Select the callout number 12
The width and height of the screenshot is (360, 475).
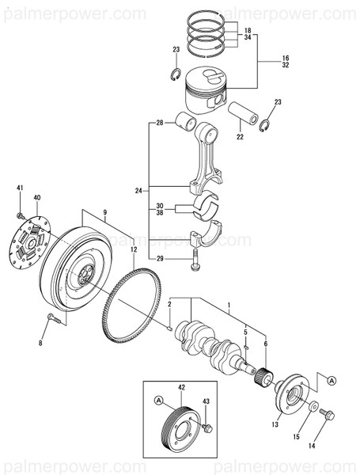pyautogui.click(x=134, y=250)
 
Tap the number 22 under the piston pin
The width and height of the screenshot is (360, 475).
pyautogui.click(x=240, y=137)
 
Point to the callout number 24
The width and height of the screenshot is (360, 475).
pyautogui.click(x=138, y=191)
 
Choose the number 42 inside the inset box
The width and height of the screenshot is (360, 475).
pyautogui.click(x=181, y=387)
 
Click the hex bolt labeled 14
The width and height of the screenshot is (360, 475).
pyautogui.click(x=328, y=416)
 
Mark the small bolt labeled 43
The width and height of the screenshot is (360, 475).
pyautogui.click(x=207, y=427)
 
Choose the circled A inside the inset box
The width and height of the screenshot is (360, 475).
pyautogui.click(x=159, y=400)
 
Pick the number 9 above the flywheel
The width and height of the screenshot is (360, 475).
pyautogui.click(x=104, y=212)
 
